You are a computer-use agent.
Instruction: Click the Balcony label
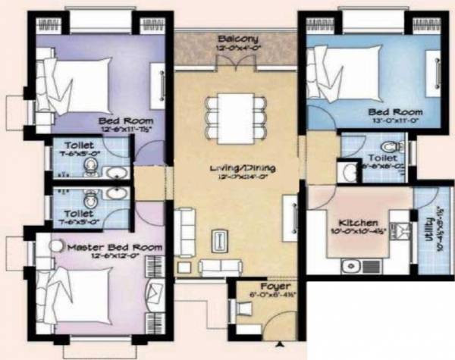click(x=237, y=39)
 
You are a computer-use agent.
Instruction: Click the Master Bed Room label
click(x=115, y=248)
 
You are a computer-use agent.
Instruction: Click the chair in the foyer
click(x=243, y=308)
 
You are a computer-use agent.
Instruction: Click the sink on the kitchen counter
click(x=350, y=266)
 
